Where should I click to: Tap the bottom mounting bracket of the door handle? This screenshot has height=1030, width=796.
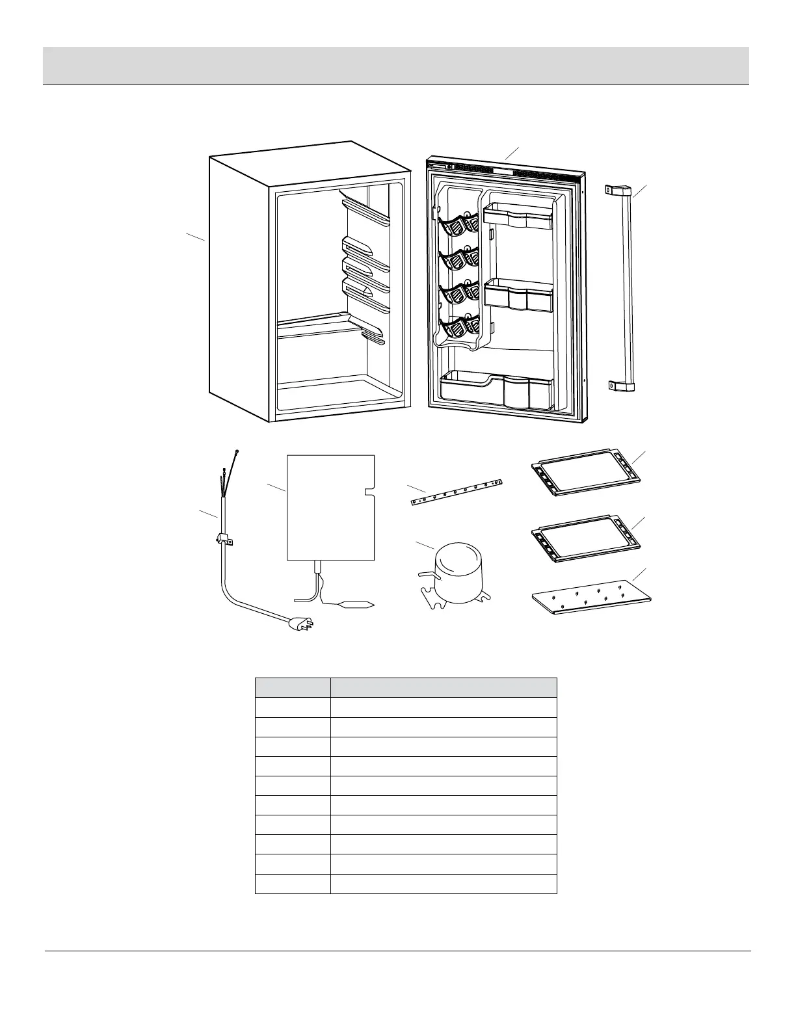pos(621,386)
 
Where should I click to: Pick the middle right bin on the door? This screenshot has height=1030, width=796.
pos(519,294)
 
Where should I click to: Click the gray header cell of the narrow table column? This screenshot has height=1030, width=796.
pos(293,688)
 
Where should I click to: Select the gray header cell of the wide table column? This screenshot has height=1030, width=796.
pos(444,688)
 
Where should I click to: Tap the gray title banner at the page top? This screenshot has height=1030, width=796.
pos(395,66)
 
